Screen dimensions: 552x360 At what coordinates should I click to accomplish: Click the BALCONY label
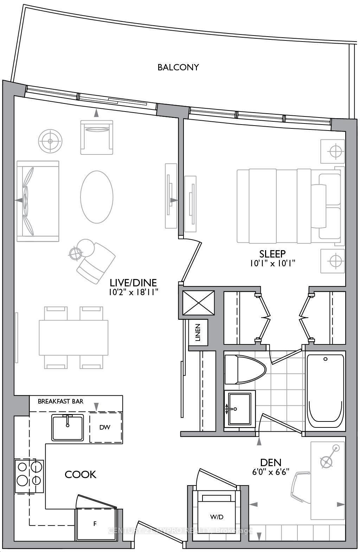(x=178, y=67)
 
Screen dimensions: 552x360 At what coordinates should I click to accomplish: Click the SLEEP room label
(x=272, y=254)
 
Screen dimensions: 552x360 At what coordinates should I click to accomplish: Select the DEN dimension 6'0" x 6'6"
(x=270, y=472)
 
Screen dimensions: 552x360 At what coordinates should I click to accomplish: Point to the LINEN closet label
(x=198, y=332)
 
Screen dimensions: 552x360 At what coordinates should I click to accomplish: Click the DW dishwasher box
(x=105, y=427)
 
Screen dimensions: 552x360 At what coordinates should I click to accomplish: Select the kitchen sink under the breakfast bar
(x=68, y=427)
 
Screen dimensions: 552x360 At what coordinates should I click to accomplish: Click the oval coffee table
(x=97, y=197)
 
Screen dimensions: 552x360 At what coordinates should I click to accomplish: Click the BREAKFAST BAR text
(x=60, y=401)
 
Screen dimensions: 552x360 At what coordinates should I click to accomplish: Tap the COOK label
(x=81, y=474)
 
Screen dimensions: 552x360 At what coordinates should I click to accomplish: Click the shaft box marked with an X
(x=199, y=303)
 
